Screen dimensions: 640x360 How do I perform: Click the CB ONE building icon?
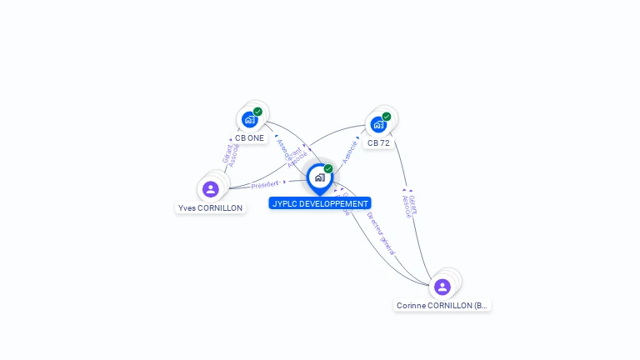tap(249, 119)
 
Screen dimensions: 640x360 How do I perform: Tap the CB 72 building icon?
tap(378, 124)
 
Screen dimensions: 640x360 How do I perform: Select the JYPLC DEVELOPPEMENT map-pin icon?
tap(319, 177)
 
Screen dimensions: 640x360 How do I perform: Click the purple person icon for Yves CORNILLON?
tap(211, 189)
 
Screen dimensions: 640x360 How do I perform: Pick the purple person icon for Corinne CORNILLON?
tap(442, 287)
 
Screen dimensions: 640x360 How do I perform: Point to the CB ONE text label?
tap(249, 138)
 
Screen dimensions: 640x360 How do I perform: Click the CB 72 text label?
tap(378, 143)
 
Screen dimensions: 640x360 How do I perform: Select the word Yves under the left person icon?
tap(187, 208)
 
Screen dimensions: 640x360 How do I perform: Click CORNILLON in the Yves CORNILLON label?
tap(220, 208)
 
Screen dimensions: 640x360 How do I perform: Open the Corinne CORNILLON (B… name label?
tap(442, 306)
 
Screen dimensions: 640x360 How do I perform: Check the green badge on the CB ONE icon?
tap(258, 112)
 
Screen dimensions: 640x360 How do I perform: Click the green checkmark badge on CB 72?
tap(387, 117)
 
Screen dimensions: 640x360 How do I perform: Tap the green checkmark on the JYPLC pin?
tap(328, 169)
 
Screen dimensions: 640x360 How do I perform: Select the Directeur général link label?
tap(382, 232)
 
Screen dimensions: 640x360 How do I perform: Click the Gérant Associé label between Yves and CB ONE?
tap(230, 155)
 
